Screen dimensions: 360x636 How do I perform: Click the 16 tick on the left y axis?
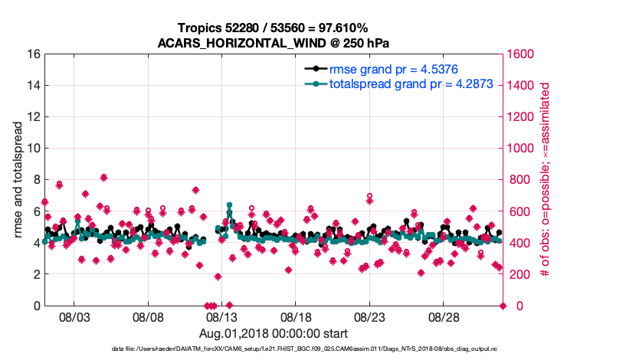pos(33,54)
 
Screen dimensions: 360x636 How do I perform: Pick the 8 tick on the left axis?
pos(36,180)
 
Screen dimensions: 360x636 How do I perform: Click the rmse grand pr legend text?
pos(395,68)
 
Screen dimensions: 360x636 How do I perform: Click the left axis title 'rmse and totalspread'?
pos(18,180)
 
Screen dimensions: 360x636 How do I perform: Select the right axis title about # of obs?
pos(546,180)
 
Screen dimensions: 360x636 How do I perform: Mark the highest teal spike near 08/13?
pos(229,205)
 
